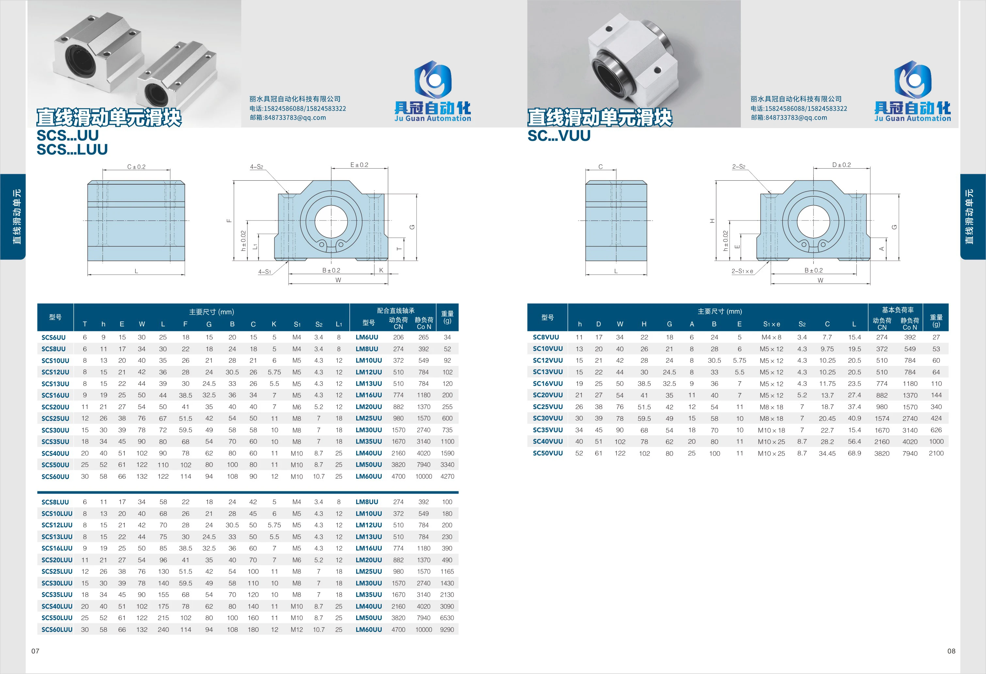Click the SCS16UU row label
tap(55, 395)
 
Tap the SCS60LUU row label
tap(57, 630)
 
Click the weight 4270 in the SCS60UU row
tap(447, 476)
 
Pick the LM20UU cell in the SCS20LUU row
tap(369, 560)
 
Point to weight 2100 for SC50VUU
tap(936, 453)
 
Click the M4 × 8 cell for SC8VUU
tap(771, 337)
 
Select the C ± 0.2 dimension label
tap(136, 167)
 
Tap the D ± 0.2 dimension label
tap(841, 165)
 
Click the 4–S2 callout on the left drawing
tap(257, 167)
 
